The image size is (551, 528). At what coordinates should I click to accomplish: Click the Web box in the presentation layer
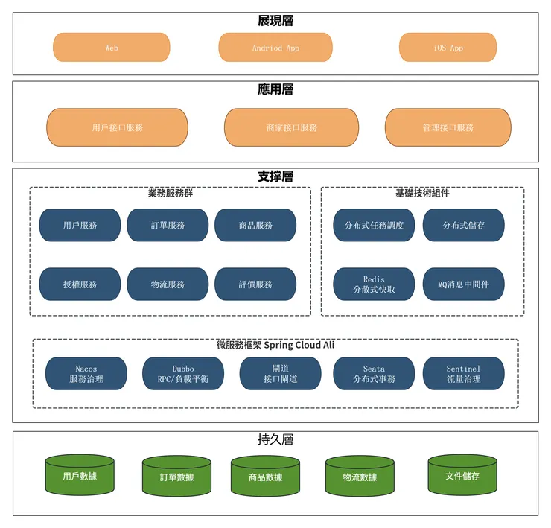click(x=111, y=48)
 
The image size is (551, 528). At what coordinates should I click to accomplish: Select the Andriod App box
click(x=275, y=48)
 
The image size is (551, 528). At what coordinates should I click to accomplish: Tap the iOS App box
click(x=448, y=48)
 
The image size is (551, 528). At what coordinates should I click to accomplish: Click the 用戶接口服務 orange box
click(x=117, y=127)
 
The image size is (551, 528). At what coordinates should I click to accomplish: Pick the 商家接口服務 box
click(x=291, y=127)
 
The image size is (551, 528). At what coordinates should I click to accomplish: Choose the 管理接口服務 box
click(x=448, y=127)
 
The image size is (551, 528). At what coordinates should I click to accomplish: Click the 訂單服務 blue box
click(x=167, y=225)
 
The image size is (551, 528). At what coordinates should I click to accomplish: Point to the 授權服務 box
click(x=80, y=284)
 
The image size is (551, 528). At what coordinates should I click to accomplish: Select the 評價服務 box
click(x=255, y=284)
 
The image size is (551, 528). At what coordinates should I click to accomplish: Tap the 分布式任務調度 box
click(x=374, y=225)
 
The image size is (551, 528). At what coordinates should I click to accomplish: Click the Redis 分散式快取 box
click(x=374, y=284)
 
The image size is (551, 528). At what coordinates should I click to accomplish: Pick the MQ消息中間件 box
click(x=463, y=284)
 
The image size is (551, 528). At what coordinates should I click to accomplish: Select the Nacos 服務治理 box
click(x=86, y=374)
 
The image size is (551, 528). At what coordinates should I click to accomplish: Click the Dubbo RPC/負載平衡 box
click(x=182, y=374)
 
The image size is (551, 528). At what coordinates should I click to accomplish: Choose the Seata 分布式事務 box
click(x=374, y=374)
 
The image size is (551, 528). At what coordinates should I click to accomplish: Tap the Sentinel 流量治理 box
click(x=463, y=374)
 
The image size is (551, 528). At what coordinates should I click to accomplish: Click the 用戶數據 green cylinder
click(x=80, y=476)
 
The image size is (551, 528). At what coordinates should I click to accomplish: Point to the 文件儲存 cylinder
click(x=462, y=476)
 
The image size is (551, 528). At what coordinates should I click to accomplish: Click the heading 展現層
click(x=275, y=21)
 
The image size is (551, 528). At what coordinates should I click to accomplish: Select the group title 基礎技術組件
click(x=421, y=194)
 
